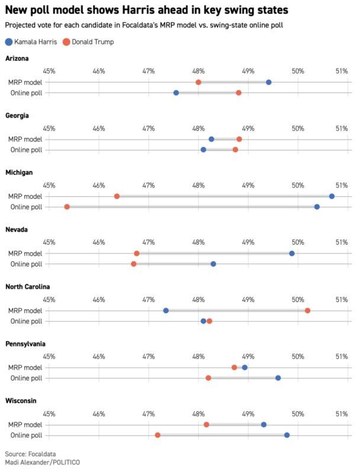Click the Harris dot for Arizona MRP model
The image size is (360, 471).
269,82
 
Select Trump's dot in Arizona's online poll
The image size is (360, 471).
239,93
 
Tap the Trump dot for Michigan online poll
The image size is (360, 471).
67,207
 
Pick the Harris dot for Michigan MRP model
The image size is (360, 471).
332,197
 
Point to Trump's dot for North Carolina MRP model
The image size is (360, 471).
307,310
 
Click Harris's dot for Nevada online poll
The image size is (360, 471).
213,264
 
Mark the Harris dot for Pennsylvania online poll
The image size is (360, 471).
278,378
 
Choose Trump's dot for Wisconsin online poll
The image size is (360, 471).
157,435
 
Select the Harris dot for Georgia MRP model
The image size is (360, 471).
211,139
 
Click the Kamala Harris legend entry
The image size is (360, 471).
31,41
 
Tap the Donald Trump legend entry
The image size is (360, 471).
88,41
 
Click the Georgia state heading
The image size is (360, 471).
17,116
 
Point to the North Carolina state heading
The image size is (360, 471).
28,287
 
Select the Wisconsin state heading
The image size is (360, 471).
21,400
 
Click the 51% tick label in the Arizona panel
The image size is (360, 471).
342,71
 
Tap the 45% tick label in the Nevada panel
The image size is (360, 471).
49,242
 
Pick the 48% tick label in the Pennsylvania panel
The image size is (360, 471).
198,357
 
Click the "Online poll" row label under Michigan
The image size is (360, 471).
27,207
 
